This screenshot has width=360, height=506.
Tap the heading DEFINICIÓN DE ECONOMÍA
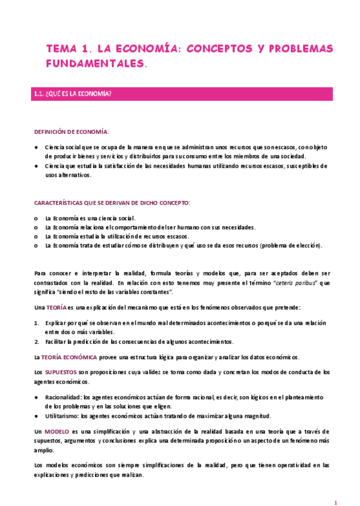[x=71, y=131]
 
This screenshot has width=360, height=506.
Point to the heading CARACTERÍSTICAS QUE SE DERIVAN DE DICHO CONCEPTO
[x=112, y=203]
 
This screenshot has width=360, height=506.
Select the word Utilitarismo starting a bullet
[x=62, y=416]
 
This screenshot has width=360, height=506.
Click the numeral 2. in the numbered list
[x=36, y=342]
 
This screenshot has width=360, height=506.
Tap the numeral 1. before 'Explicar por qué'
[x=36, y=323]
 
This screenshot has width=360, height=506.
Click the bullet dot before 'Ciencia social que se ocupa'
[x=37, y=147]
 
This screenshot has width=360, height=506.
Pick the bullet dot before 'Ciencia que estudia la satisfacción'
[x=37, y=166]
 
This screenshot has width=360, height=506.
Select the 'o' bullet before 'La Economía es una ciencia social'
[x=37, y=218]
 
